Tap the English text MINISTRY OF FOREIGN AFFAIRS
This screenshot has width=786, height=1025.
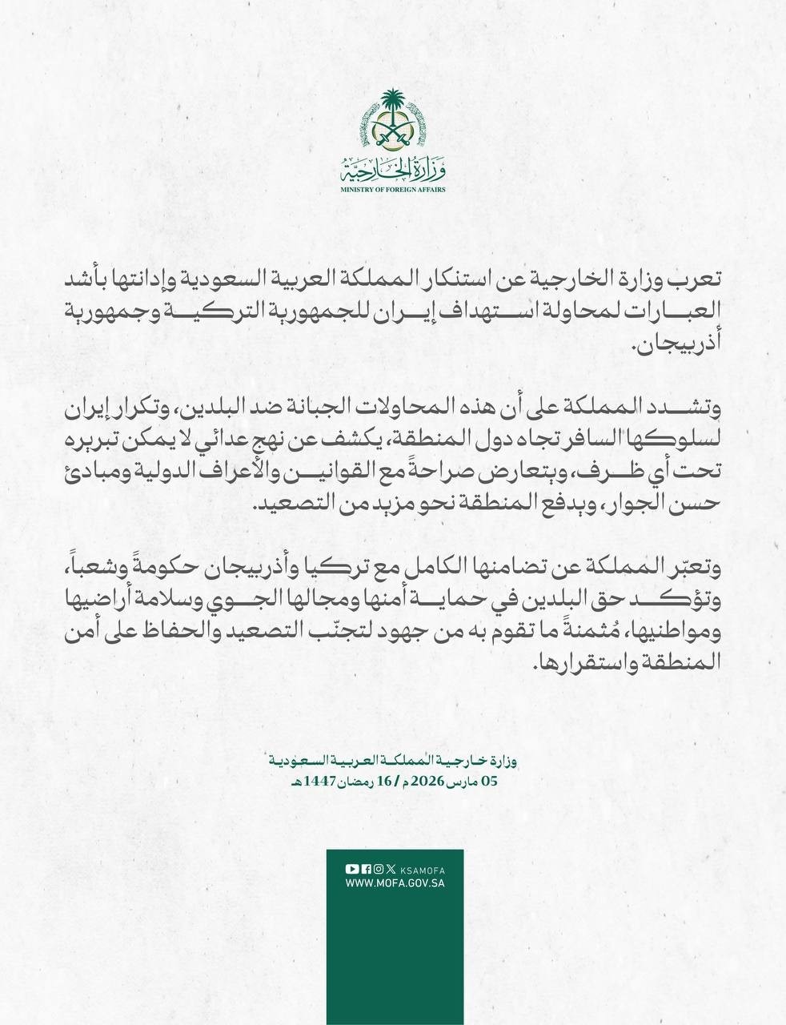pos(392,190)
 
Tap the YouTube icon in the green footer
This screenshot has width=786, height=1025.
pos(351,869)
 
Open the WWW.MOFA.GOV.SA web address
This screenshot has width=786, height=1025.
pos(395,884)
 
